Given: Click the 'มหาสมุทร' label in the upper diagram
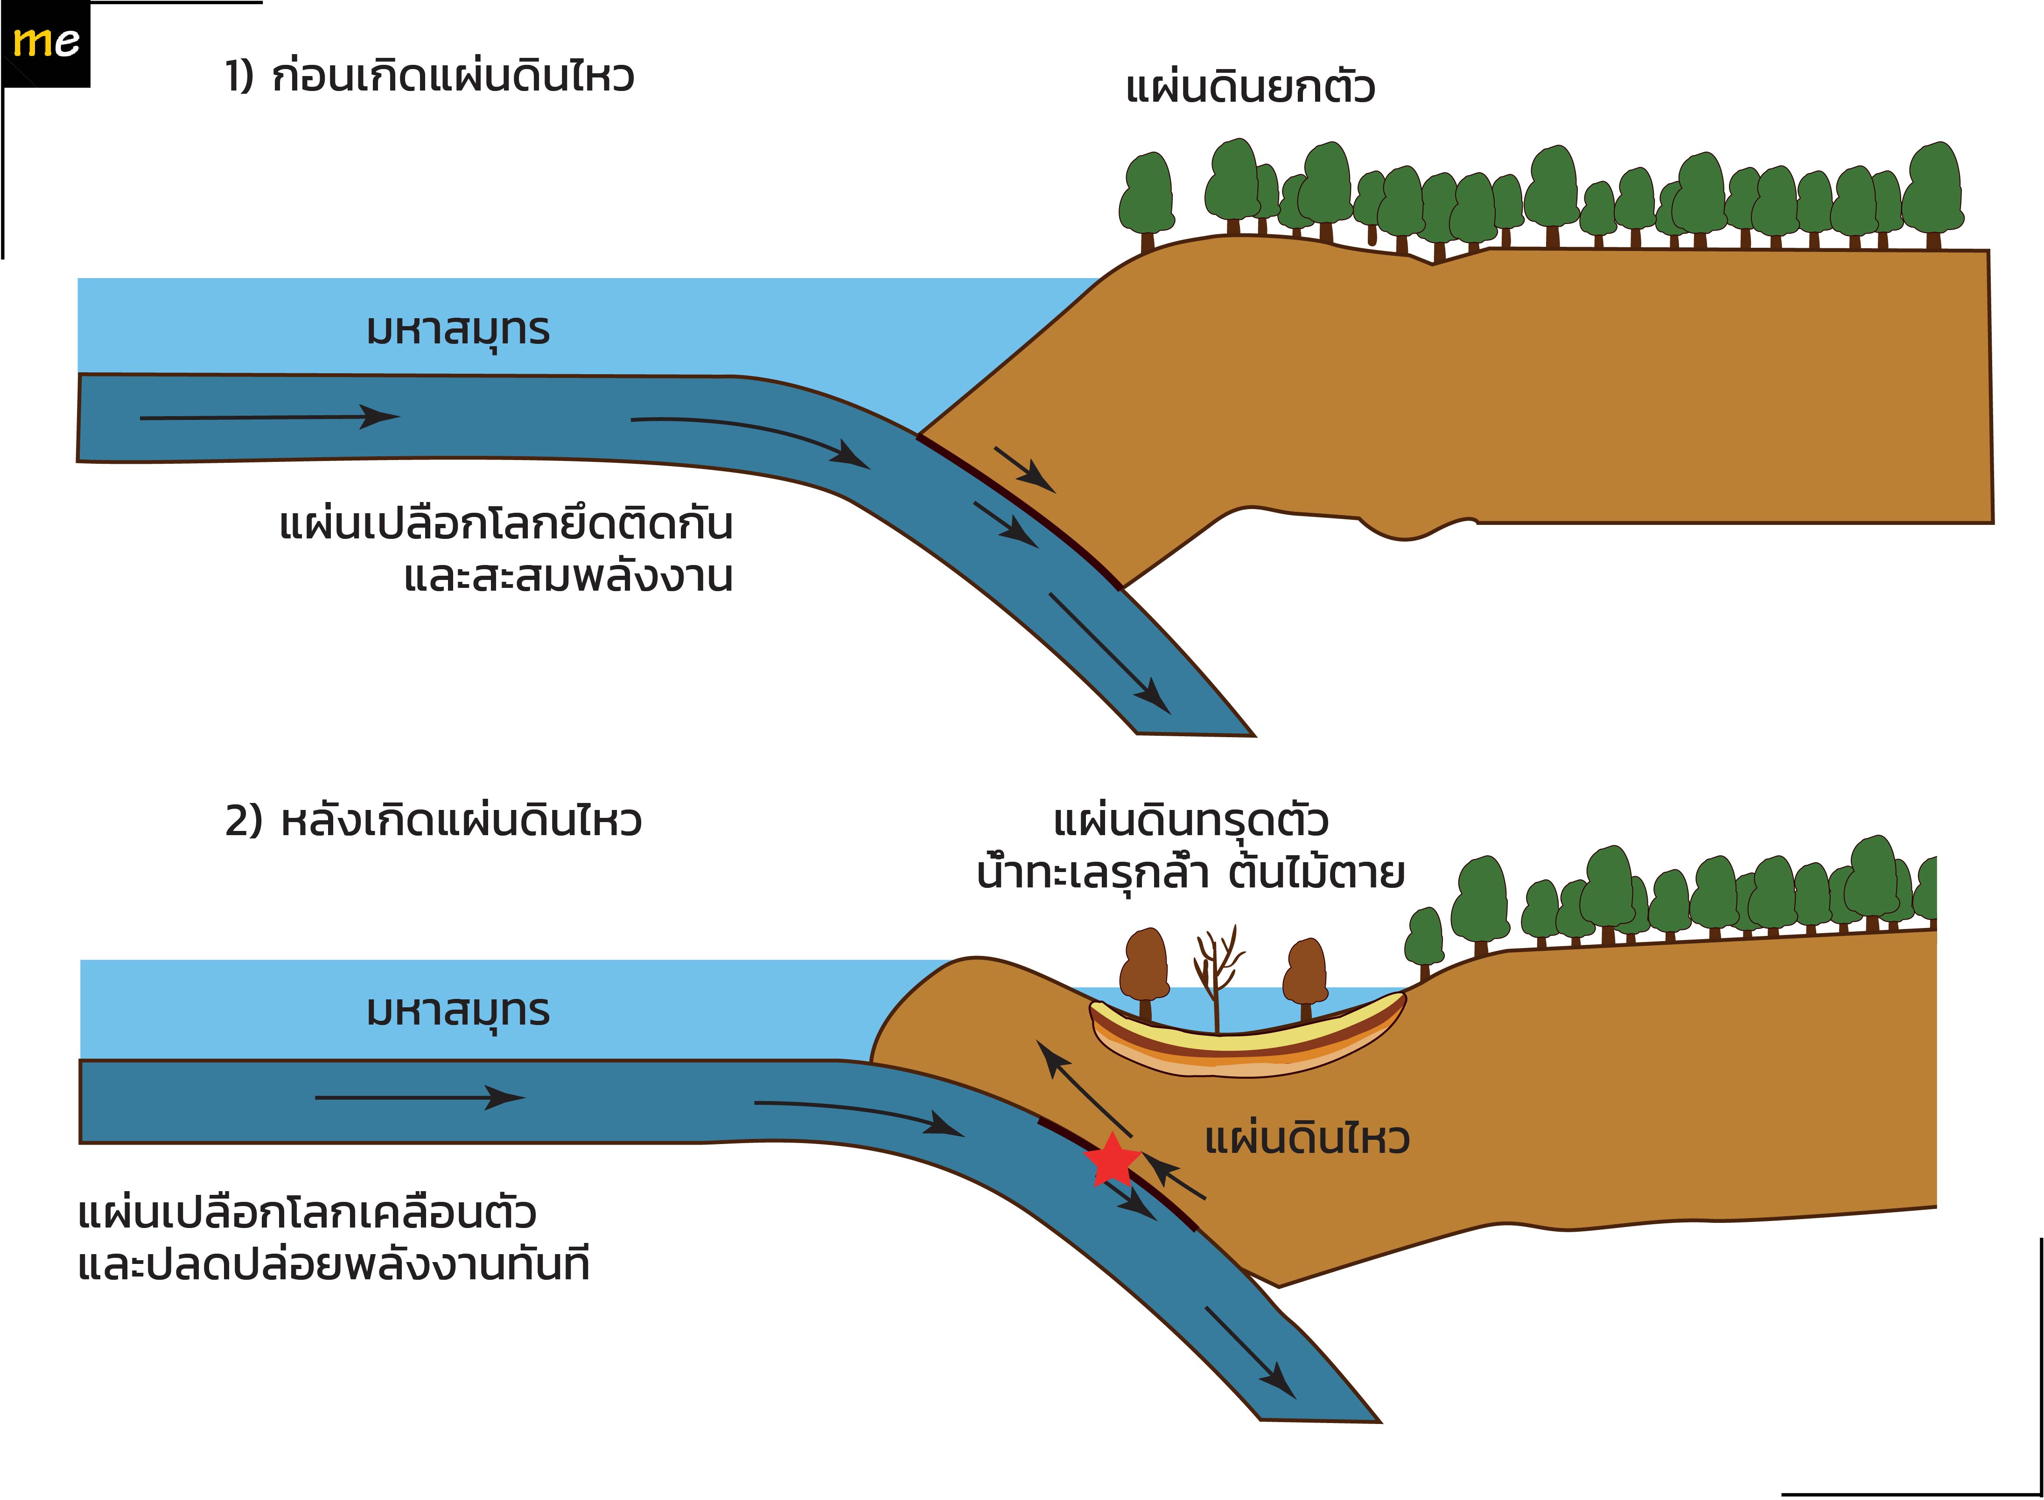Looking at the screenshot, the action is click(458, 330).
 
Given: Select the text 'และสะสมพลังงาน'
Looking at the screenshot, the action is click(568, 576).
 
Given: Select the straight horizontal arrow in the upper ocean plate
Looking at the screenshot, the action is click(270, 418).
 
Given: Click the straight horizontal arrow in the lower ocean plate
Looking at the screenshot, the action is click(420, 1098).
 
